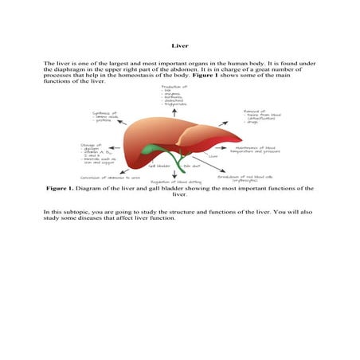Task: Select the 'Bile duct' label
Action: (x=192, y=166)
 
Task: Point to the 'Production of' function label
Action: (x=174, y=86)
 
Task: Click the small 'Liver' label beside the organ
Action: (x=213, y=157)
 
